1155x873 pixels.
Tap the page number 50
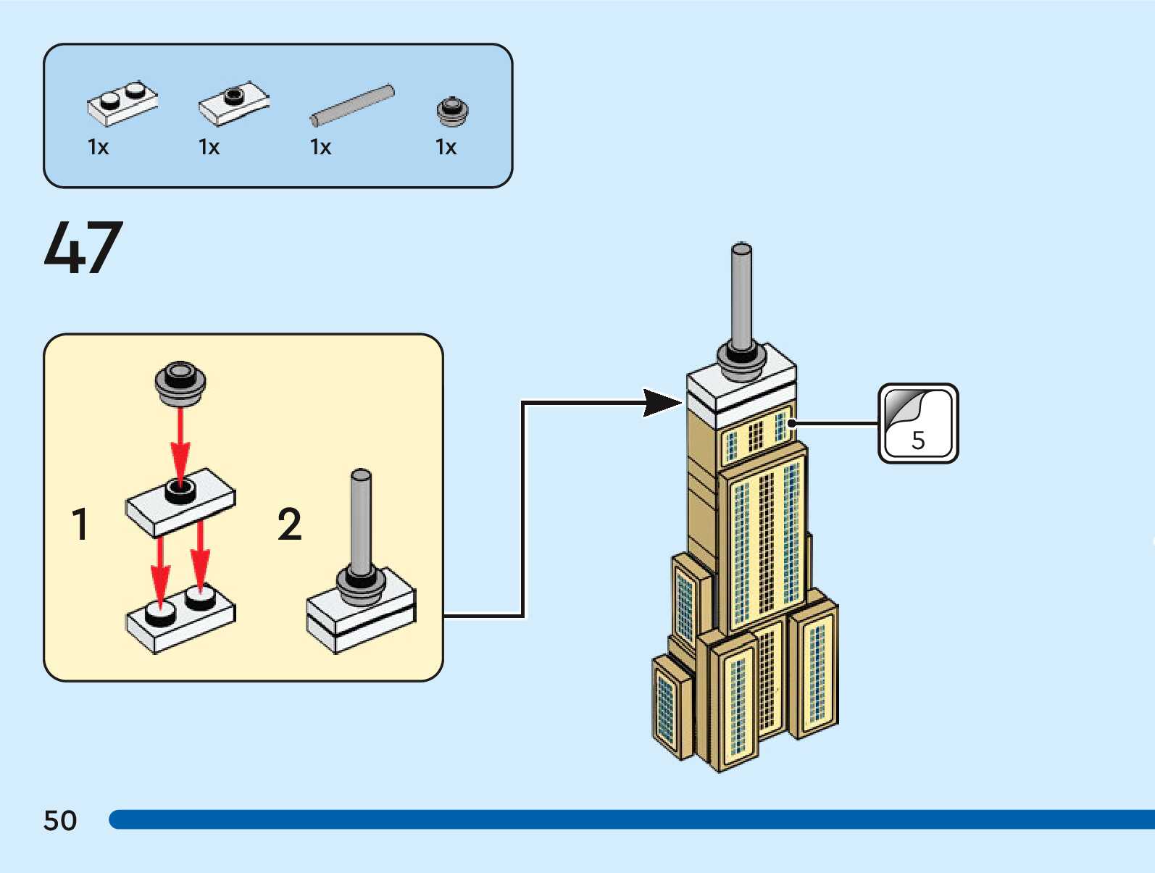(60, 820)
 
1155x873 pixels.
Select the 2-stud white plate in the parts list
(122, 104)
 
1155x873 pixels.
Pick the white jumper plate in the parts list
(233, 103)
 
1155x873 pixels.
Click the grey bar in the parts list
(353, 104)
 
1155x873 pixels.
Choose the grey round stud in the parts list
(452, 111)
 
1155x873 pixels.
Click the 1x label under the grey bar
(320, 147)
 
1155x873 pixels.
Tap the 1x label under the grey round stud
(446, 147)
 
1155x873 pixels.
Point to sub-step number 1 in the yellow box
(80, 524)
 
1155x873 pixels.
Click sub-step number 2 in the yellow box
(289, 524)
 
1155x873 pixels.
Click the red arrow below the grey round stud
(180, 442)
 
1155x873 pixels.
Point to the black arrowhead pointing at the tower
(662, 403)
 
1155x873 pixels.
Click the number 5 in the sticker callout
(918, 440)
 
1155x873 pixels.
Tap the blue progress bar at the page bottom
(630, 819)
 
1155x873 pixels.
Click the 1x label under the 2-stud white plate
(98, 147)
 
